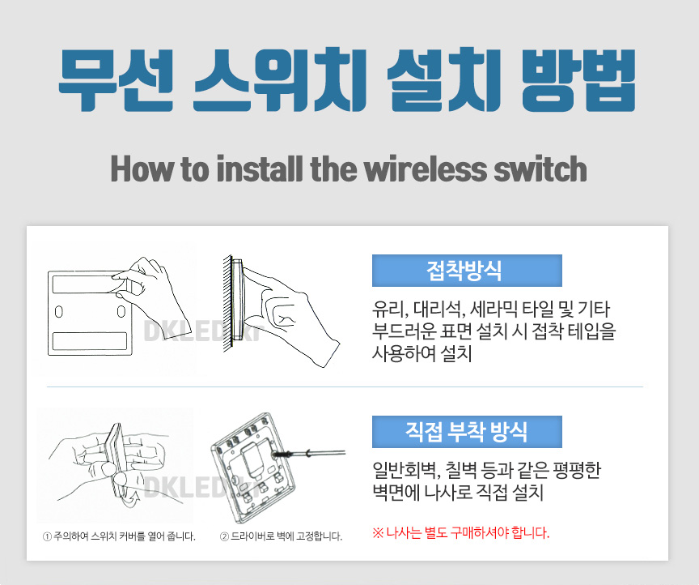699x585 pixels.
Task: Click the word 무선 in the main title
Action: [x=116, y=80]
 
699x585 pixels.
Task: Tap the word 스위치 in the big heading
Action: [x=280, y=80]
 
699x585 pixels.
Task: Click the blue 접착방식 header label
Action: [x=467, y=271]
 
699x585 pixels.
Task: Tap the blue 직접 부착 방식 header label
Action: [x=467, y=432]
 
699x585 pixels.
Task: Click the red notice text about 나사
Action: [x=461, y=532]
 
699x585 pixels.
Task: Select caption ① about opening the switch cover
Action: [x=119, y=536]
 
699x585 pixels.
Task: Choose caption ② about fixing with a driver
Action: [x=281, y=536]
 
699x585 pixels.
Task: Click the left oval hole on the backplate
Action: [x=59, y=311]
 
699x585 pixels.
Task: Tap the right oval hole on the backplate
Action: [x=121, y=311]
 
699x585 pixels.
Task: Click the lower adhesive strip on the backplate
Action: [x=90, y=341]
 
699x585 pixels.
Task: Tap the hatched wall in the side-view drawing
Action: [x=227, y=304]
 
